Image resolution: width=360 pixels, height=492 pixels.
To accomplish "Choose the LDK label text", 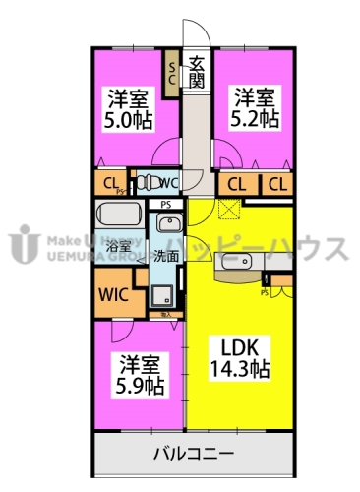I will pos(236,349).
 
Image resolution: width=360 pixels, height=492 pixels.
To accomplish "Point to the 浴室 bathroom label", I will pos(119,245).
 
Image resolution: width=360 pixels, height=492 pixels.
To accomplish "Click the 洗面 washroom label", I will pos(166,255).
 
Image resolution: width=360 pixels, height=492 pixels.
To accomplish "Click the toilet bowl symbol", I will pos(146,182).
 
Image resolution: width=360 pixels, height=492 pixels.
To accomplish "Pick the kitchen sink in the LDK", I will pos(239,263).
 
